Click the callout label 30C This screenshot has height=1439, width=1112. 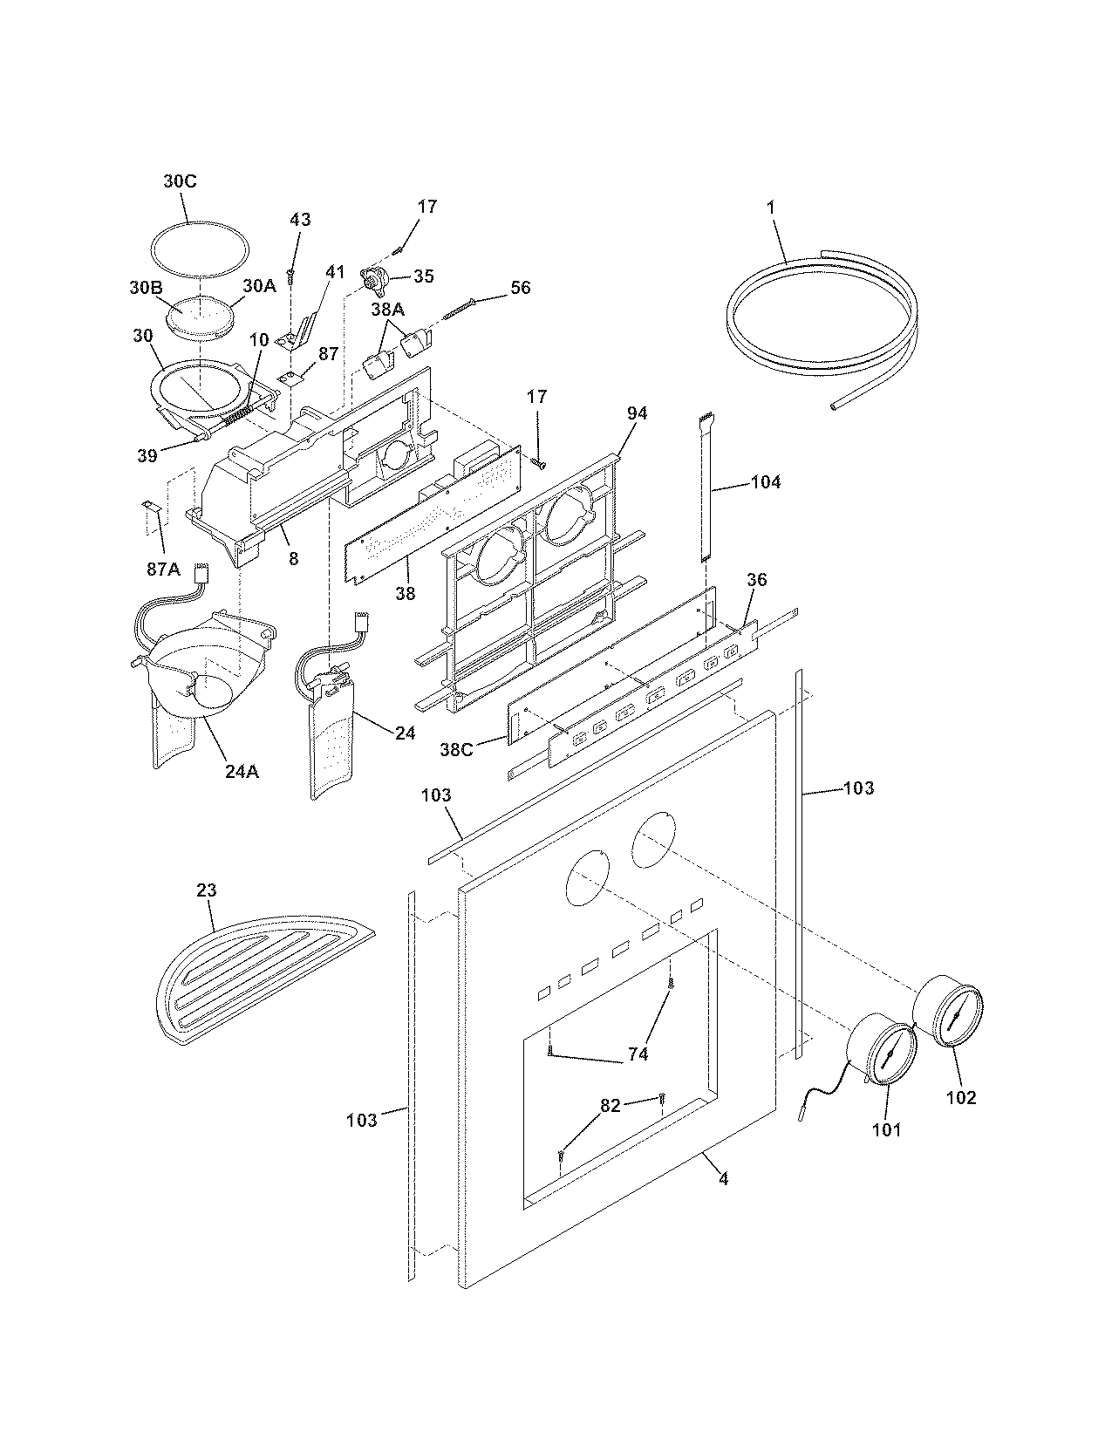tap(179, 181)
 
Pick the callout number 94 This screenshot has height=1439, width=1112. tap(637, 413)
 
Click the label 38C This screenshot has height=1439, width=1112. tap(457, 748)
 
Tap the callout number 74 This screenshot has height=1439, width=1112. tap(638, 1054)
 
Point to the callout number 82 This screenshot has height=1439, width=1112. tap(610, 1106)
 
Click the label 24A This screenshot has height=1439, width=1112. tap(242, 771)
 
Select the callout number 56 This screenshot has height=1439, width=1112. tap(520, 287)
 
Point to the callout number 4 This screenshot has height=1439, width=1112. tap(723, 1179)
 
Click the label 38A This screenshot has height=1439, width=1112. tap(388, 309)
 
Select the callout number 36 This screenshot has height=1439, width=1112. tap(756, 579)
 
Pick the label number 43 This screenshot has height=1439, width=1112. tap(299, 220)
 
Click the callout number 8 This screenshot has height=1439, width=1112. tap(293, 558)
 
